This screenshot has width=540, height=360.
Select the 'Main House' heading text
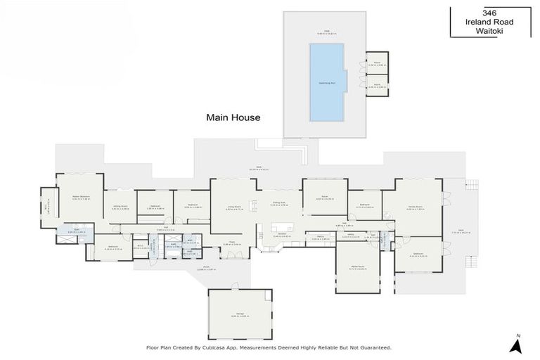pyautogui.click(x=233, y=117)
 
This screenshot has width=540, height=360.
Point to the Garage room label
pyautogui.click(x=240, y=314)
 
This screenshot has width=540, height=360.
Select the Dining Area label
pyautogui.click(x=279, y=203)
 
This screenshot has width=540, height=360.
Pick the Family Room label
pyautogui.click(x=417, y=207)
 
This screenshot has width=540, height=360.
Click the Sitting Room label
pyautogui.click(x=120, y=207)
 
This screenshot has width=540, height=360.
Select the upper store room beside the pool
pyautogui.click(x=377, y=63)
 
